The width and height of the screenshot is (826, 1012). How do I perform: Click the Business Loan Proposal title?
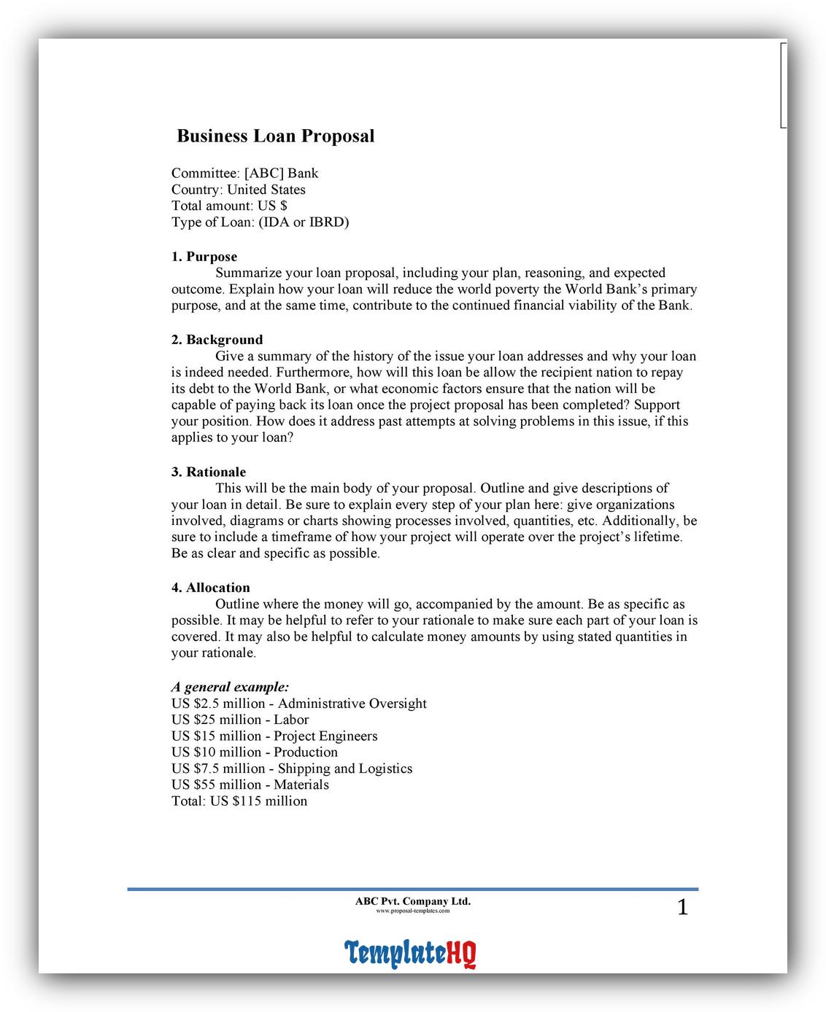[x=276, y=136]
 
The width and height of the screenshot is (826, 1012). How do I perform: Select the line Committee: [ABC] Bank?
[x=244, y=174]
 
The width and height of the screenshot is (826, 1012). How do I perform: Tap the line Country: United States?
[x=238, y=190]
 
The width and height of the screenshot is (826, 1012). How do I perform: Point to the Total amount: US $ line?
[x=229, y=206]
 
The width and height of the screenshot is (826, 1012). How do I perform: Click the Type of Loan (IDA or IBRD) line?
[x=260, y=222]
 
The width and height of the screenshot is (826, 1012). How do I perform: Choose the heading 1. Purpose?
[x=204, y=257]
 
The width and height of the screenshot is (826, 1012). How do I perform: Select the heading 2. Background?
[x=217, y=340]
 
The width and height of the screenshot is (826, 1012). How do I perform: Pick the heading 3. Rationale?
[x=209, y=472]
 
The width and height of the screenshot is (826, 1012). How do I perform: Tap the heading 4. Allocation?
[x=210, y=588]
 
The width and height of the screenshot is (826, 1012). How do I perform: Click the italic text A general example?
[x=230, y=687]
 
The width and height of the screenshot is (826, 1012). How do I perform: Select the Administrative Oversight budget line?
[x=298, y=704]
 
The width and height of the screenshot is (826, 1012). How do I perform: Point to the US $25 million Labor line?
[x=240, y=720]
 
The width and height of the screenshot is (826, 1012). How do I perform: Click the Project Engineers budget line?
[x=274, y=736]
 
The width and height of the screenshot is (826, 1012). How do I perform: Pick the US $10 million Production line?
[x=255, y=752]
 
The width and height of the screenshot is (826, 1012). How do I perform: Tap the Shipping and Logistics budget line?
[x=292, y=768]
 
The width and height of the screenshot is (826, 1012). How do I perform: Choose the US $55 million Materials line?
[x=250, y=785]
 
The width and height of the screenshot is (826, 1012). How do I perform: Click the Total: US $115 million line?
[x=239, y=801]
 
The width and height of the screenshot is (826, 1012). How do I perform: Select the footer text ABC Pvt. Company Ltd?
[x=413, y=901]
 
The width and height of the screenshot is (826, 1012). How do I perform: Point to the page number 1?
[x=682, y=908]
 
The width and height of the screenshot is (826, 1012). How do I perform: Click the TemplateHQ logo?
[x=410, y=952]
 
